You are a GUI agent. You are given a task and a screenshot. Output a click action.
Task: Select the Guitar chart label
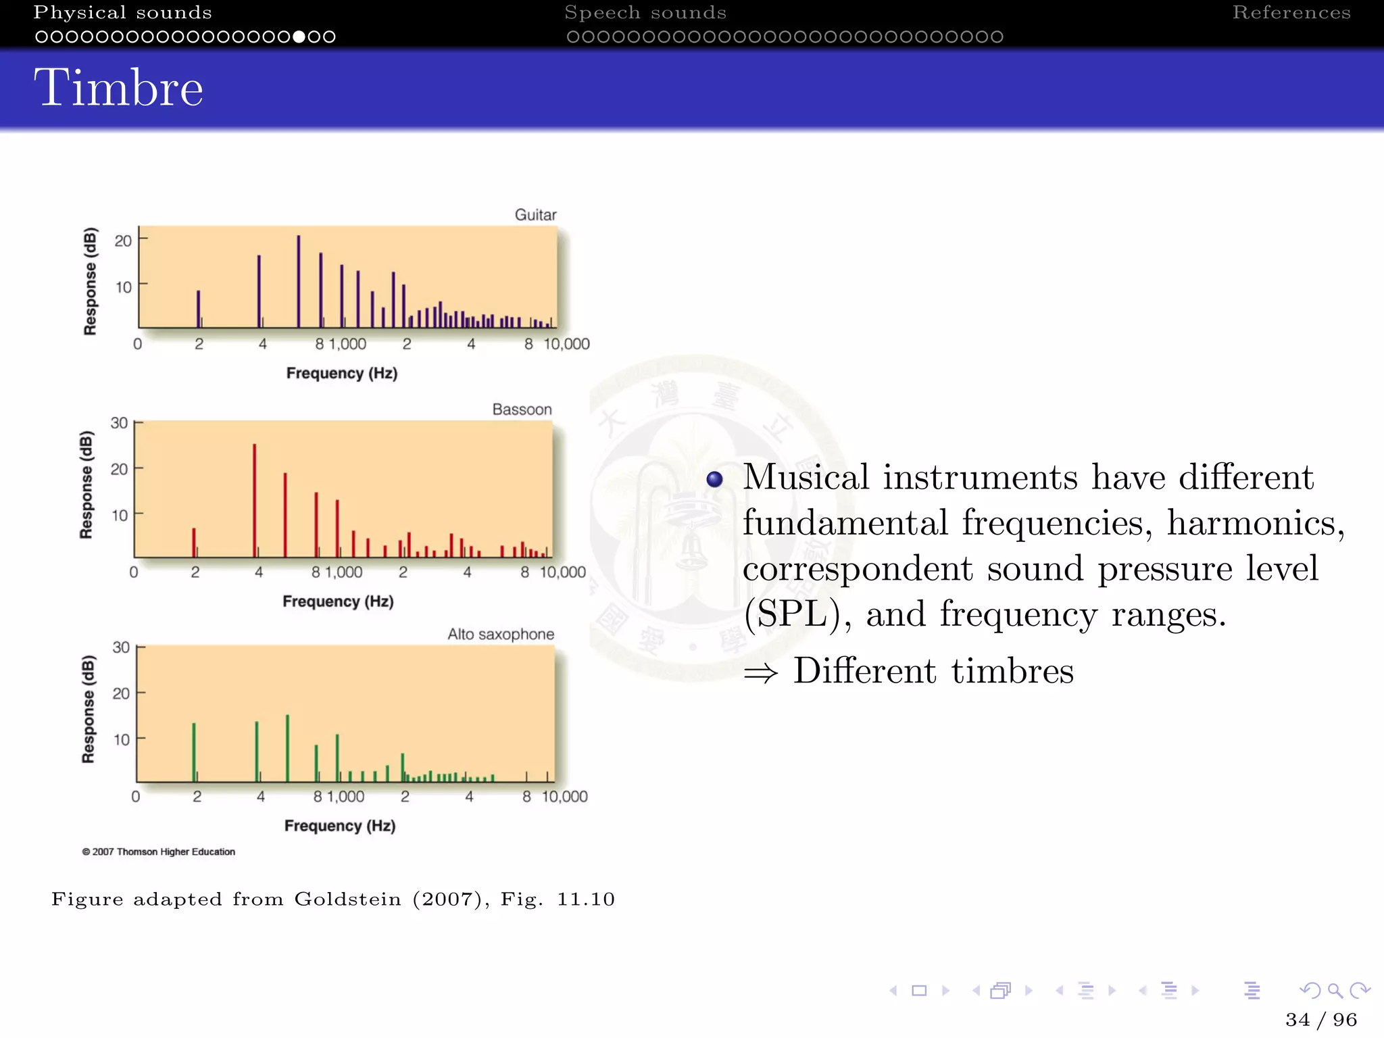click(x=535, y=215)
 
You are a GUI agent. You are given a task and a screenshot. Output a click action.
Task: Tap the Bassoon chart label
click(x=522, y=410)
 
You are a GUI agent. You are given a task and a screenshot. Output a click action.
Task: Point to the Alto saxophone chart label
click(x=500, y=634)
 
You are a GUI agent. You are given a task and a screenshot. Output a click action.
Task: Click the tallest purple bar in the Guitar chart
click(x=299, y=280)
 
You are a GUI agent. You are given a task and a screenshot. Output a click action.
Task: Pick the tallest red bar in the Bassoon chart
click(x=255, y=500)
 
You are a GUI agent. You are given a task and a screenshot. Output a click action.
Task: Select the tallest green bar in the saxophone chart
click(x=287, y=747)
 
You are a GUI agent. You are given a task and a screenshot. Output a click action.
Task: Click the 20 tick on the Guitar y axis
click(x=123, y=241)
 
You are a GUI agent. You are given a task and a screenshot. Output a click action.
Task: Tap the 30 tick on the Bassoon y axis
click(x=119, y=423)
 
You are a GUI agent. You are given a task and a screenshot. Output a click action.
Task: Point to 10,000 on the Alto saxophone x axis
click(x=564, y=797)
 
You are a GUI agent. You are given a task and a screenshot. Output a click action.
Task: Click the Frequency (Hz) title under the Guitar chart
click(x=341, y=373)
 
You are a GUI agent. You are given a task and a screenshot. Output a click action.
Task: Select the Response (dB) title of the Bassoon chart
click(x=86, y=485)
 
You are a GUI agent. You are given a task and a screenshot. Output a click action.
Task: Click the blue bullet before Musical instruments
click(x=714, y=480)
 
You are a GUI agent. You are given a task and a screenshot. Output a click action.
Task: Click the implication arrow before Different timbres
click(x=760, y=672)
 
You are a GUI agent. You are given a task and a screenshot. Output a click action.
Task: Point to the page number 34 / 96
click(x=1320, y=1019)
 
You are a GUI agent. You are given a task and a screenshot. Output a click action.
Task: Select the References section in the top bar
click(x=1291, y=13)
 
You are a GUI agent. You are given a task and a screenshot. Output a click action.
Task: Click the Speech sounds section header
click(x=645, y=13)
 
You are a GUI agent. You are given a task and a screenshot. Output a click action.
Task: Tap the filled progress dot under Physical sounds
click(x=299, y=36)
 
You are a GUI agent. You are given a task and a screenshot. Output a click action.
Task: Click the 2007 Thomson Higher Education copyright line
click(x=159, y=851)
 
